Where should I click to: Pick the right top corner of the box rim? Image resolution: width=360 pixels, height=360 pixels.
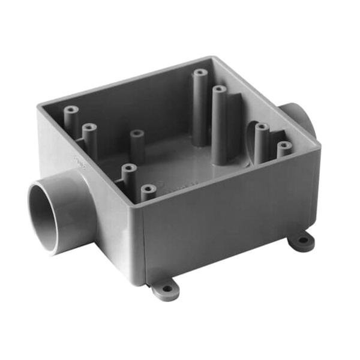coord(317,145)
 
